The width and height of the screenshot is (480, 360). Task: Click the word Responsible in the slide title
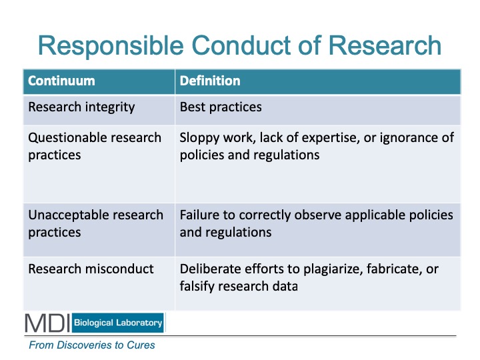click(111, 47)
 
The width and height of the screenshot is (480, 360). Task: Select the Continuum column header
click(61, 81)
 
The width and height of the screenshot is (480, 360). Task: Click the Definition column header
click(210, 81)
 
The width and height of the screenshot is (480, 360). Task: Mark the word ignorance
click(409, 138)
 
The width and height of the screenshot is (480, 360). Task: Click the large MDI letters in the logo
click(47, 323)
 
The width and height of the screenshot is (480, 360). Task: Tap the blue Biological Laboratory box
click(118, 323)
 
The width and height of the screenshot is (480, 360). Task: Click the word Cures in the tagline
click(141, 345)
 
